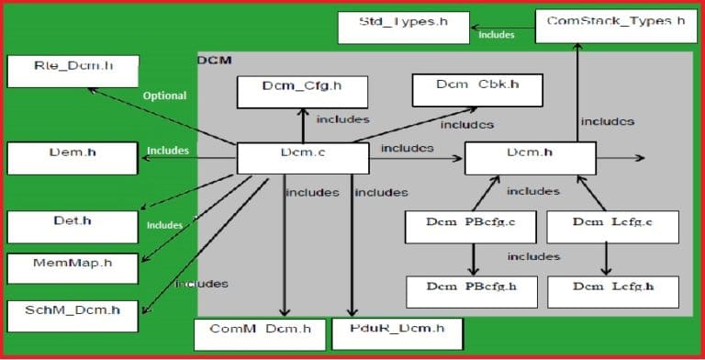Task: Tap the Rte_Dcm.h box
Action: click(72, 70)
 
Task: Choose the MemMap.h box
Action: click(72, 267)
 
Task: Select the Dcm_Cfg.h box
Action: click(302, 92)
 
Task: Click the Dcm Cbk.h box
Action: click(476, 89)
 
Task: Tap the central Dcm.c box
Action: click(296, 157)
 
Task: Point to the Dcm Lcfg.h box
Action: click(600, 290)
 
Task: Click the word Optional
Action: click(164, 96)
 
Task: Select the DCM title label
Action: click(214, 60)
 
